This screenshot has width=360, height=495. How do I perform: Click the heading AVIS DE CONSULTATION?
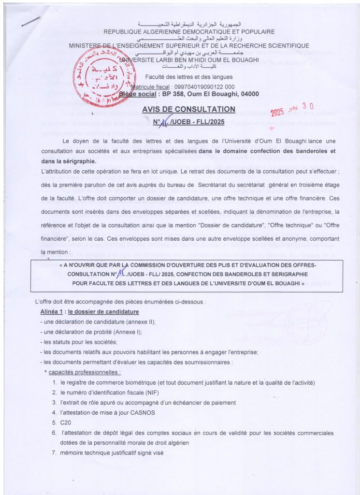click(189, 109)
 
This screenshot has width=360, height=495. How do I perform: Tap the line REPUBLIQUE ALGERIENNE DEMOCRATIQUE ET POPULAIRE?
click(189, 31)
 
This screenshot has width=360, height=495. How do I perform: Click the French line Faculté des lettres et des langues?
click(189, 76)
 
